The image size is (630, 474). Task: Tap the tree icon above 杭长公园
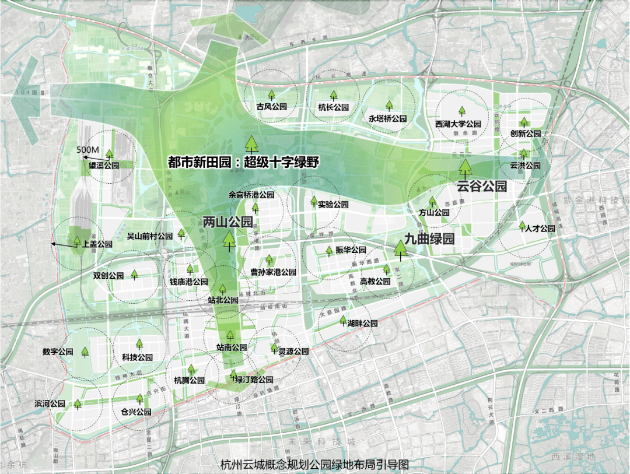pos(334,95)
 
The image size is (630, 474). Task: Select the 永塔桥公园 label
pos(387,118)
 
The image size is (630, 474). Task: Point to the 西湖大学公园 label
pos(458,124)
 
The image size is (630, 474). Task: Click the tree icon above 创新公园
pos(524,122)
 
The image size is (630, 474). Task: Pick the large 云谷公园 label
pos(481,187)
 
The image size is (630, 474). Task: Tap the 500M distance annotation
pos(88,150)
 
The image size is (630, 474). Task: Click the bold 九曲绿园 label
pos(429,239)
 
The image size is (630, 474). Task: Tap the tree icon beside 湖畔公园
pos(343,319)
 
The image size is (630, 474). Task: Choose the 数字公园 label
pos(58,352)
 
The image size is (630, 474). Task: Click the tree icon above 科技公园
pos(139,345)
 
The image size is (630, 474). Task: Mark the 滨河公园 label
pos(50,403)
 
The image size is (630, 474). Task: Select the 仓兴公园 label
pos(136,412)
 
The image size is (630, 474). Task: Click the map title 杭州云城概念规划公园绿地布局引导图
pos(314,465)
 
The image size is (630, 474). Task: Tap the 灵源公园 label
pos(293,352)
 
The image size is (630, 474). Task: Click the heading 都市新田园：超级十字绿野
pos(243,162)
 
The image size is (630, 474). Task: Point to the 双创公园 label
pos(108,275)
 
